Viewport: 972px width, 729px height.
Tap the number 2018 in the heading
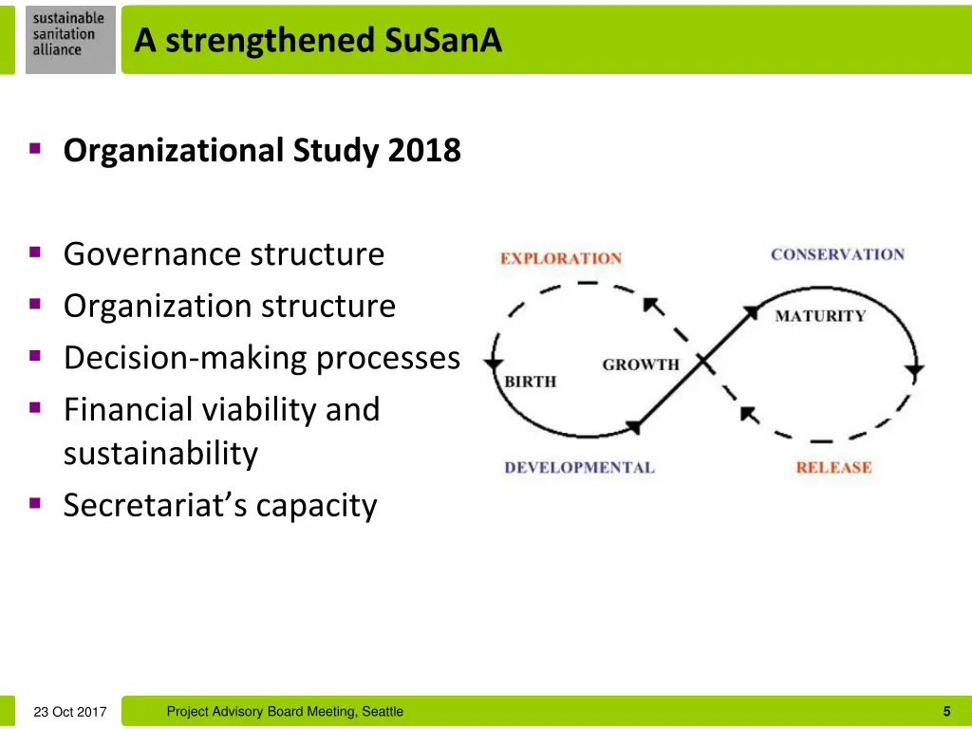(x=424, y=151)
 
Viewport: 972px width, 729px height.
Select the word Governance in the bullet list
(x=152, y=254)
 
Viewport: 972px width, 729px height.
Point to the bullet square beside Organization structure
(x=35, y=305)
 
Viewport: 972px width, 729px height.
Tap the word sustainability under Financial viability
(x=160, y=454)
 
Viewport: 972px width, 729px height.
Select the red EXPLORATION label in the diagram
(x=561, y=258)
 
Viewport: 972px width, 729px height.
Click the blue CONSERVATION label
(x=837, y=254)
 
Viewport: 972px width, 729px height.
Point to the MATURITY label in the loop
(x=820, y=316)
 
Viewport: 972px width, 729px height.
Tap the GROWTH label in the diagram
(x=641, y=364)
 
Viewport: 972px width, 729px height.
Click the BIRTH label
(x=530, y=382)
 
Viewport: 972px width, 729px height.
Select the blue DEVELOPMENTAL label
(x=579, y=467)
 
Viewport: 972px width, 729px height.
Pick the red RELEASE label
(x=833, y=467)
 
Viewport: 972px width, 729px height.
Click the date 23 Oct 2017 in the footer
(x=70, y=712)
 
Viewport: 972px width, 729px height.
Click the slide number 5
(x=946, y=711)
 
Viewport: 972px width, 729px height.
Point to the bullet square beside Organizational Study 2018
(x=35, y=149)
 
